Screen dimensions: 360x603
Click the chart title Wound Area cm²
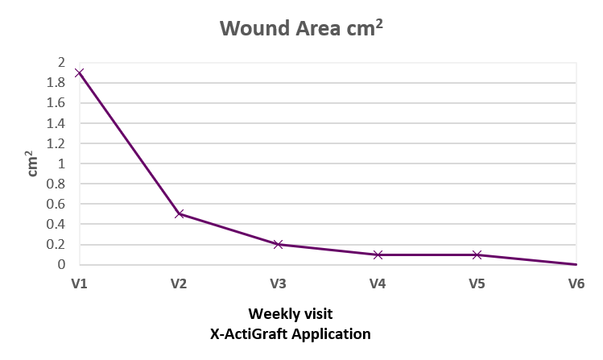tap(302, 29)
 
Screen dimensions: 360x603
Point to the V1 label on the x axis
tap(79, 283)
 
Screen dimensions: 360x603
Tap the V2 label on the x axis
tap(179, 283)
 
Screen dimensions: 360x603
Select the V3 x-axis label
tap(279, 283)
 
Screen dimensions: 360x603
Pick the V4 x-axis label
tap(378, 283)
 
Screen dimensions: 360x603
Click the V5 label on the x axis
tap(477, 283)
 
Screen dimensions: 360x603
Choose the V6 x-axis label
tap(576, 283)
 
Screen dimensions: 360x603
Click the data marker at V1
tap(80, 73)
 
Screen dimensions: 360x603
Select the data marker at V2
tap(179, 214)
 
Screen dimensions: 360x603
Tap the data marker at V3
tap(279, 244)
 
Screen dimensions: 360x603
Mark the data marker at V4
tap(378, 254)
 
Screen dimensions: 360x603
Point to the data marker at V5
tap(477, 254)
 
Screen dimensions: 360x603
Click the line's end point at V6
tap(576, 264)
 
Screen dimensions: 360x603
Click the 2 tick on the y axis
tap(62, 63)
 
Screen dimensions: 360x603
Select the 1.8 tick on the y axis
tap(56, 83)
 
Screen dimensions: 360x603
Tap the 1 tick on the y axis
tap(62, 163)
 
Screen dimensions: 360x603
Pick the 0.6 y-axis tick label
tap(56, 204)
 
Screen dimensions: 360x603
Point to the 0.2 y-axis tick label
tap(56, 244)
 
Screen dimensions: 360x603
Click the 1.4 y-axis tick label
tap(56, 123)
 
